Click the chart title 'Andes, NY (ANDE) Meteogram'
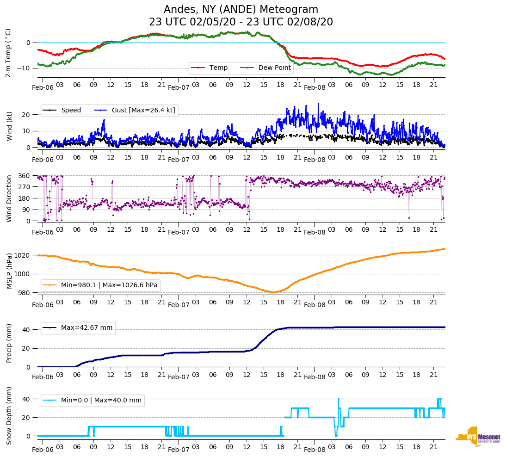click(241, 10)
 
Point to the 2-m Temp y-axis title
click(8, 53)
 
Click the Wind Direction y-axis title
click(9, 198)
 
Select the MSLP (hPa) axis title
click(9, 271)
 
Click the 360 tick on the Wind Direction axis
click(25, 176)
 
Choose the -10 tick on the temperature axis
click(24, 68)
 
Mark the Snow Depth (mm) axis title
click(9, 415)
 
